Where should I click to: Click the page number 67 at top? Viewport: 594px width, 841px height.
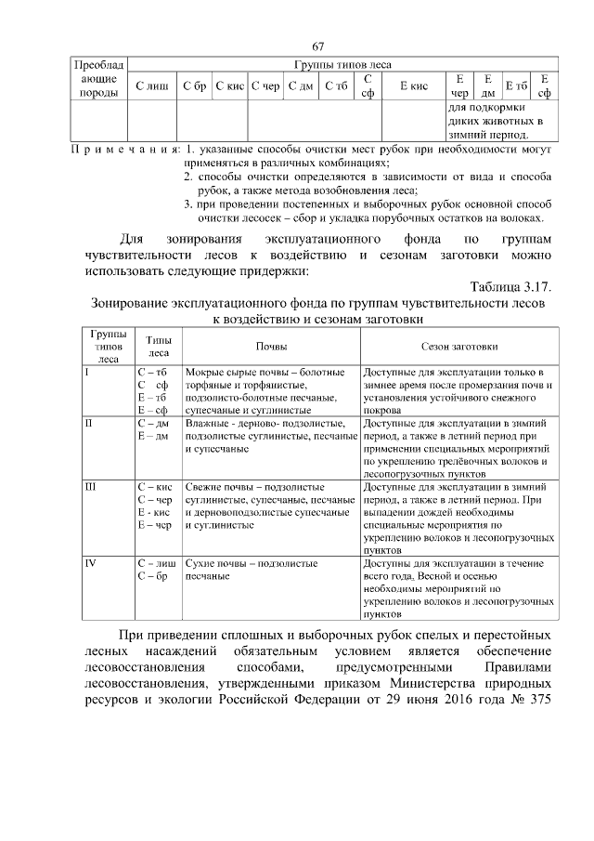[317, 47]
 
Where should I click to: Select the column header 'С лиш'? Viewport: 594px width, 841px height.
[151, 86]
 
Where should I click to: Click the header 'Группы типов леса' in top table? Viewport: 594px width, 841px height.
[342, 65]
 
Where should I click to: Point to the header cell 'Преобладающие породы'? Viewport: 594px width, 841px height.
[97, 79]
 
